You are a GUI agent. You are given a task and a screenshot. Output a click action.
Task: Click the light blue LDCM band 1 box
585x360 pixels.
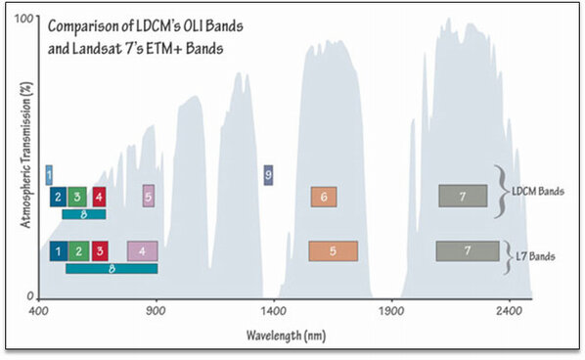click(x=49, y=175)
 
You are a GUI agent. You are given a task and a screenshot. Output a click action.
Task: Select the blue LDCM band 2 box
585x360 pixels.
click(x=59, y=197)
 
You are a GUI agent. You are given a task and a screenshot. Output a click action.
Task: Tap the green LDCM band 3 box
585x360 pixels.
click(x=78, y=197)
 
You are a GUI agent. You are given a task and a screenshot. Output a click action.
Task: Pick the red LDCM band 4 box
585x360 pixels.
click(x=99, y=197)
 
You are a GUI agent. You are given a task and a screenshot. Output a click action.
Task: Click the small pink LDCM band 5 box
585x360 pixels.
click(x=148, y=196)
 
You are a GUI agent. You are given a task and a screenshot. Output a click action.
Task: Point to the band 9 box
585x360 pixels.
click(x=268, y=175)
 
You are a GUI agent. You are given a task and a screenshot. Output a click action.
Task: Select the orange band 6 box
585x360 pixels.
click(x=324, y=197)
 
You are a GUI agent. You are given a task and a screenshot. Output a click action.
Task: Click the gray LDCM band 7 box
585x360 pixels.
click(x=463, y=196)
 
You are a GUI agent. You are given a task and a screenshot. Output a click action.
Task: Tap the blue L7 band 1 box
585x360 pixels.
click(x=59, y=251)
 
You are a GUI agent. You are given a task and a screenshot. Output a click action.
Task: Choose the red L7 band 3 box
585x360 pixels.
click(x=99, y=251)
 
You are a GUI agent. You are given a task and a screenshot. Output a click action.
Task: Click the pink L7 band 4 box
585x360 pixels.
click(x=142, y=251)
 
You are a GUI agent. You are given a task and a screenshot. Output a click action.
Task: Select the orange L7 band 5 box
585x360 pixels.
click(x=333, y=251)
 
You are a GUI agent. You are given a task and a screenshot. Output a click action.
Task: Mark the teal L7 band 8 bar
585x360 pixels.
click(x=112, y=268)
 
